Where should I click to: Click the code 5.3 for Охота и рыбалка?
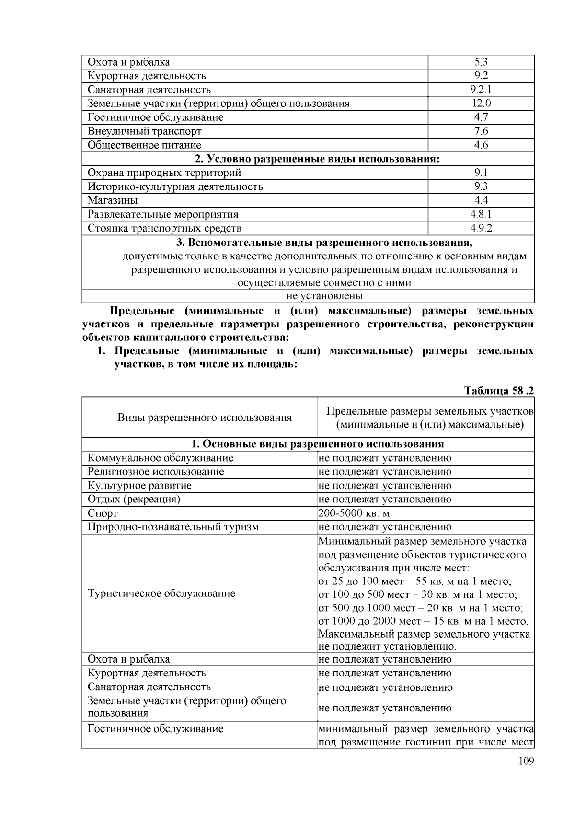click(481, 62)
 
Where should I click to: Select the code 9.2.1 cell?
click(481, 90)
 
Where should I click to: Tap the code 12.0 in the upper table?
click(481, 104)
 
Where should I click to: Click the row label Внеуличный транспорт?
click(144, 131)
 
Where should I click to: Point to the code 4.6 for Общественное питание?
click(481, 145)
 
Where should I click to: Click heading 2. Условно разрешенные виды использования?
click(308, 159)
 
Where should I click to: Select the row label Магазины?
click(113, 200)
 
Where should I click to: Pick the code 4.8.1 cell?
click(481, 214)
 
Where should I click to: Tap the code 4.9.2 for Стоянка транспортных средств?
click(481, 228)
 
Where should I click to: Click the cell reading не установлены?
click(308, 296)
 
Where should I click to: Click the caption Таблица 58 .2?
click(499, 391)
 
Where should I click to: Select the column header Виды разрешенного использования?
click(205, 418)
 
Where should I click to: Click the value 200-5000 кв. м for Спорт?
click(354, 513)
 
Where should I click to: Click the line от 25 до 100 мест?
click(414, 582)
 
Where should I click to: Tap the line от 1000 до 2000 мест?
click(423, 621)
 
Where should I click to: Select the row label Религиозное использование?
click(156, 472)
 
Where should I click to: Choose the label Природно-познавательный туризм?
click(173, 527)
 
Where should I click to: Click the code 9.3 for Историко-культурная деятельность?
click(481, 187)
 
